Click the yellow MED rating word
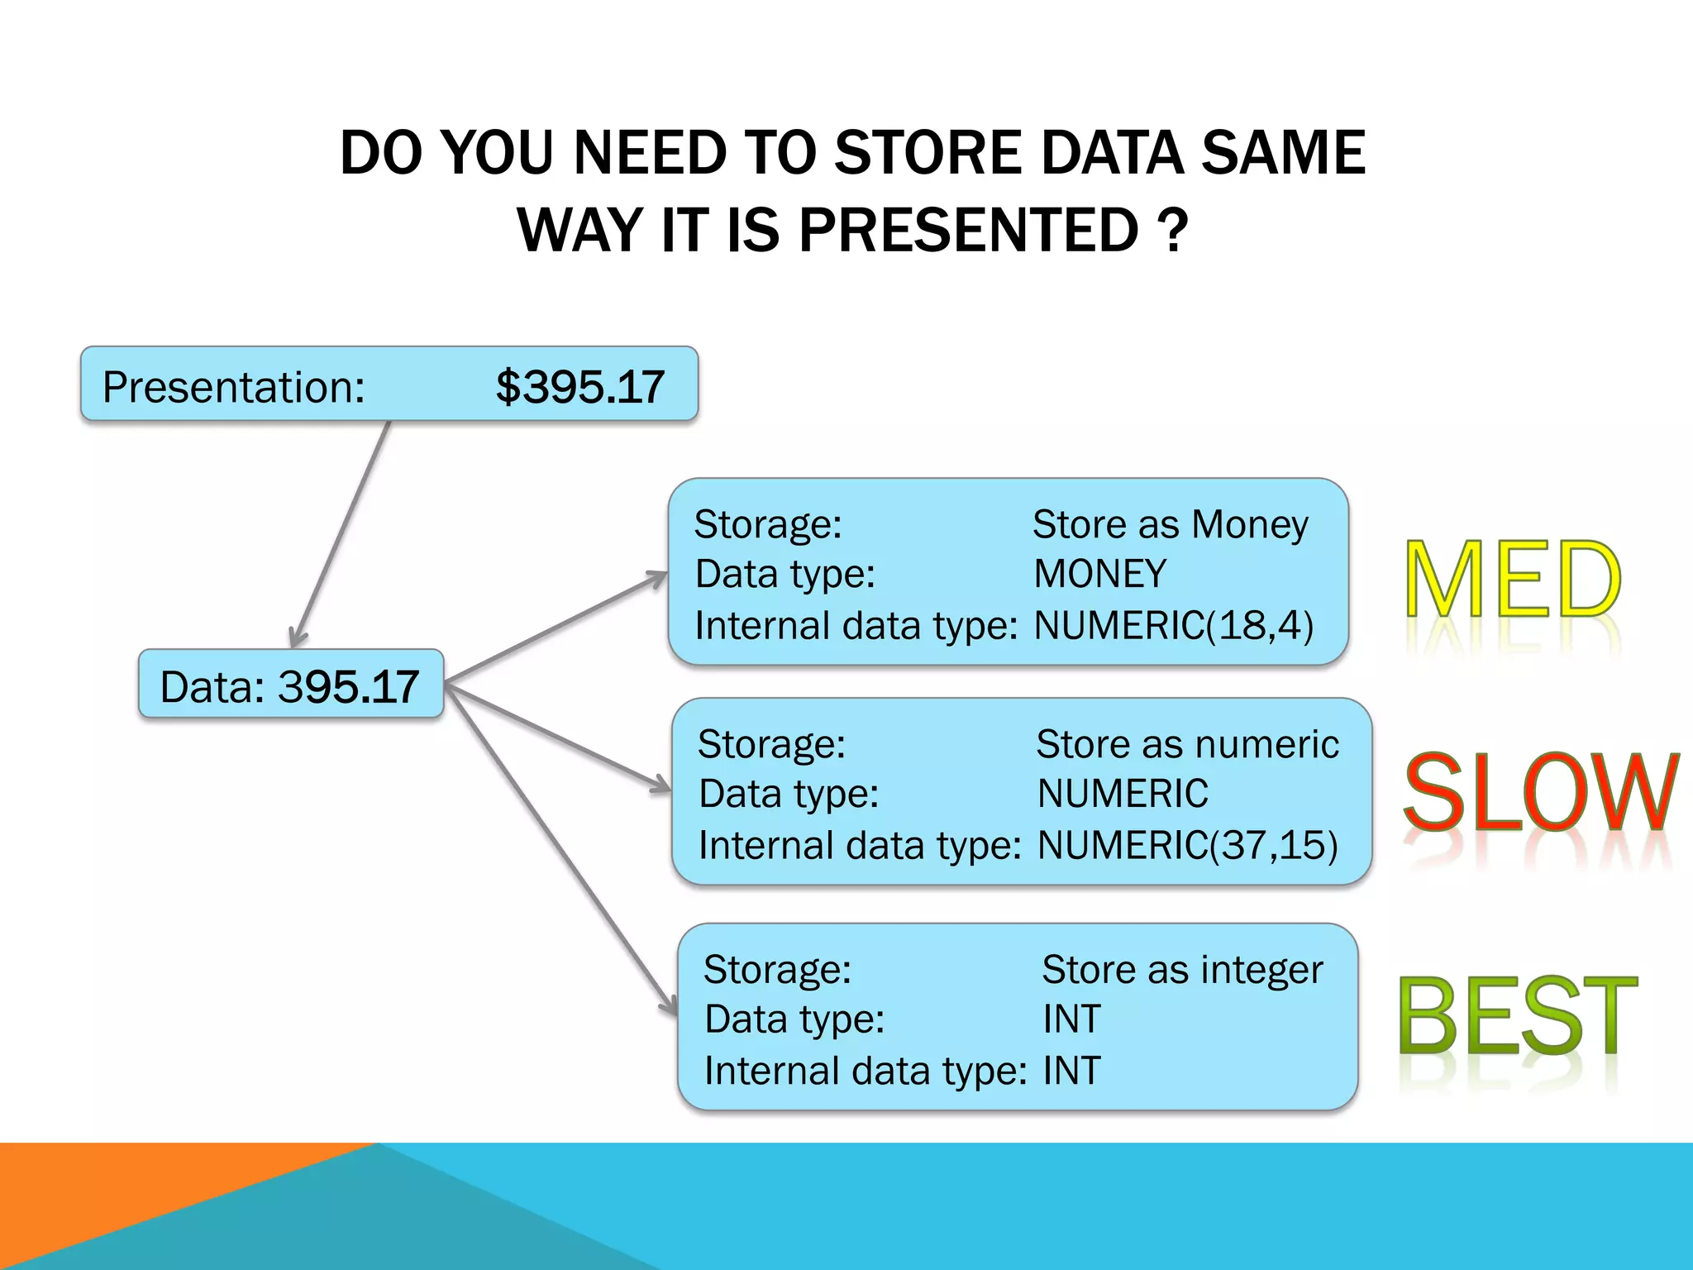pos(1513,579)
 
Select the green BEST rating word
pos(1518,1015)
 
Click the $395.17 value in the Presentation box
pos(579,387)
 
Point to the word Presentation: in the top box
pos(233,387)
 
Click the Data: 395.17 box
pos(291,685)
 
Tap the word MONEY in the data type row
pos(1099,574)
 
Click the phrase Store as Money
pos(1170,524)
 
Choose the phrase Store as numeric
pos(1187,744)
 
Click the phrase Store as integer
pos(1182,969)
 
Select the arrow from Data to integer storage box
pos(562,852)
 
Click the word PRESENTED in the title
pos(969,230)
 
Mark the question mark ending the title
pos(1173,230)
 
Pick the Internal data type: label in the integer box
pos(865,1071)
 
